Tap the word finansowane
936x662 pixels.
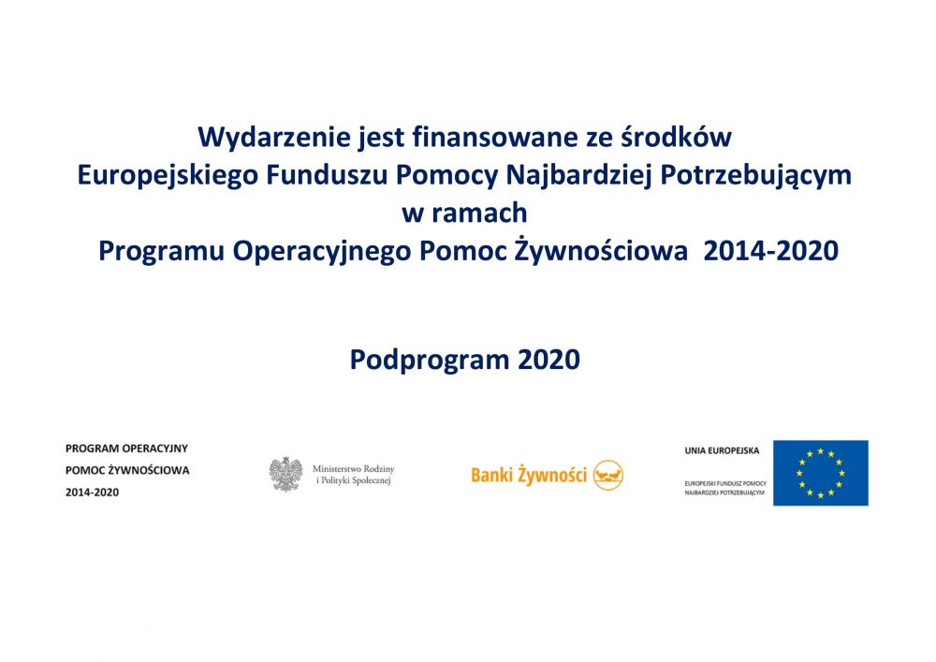click(x=495, y=137)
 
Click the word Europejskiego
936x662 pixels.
click(x=168, y=176)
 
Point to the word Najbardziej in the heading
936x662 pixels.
click(x=579, y=176)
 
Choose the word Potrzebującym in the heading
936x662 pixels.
click(x=756, y=176)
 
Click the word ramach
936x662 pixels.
click(x=479, y=213)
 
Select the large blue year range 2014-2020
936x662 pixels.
click(x=770, y=251)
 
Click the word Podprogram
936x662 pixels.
click(x=430, y=360)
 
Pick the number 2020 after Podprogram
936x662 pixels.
click(x=548, y=360)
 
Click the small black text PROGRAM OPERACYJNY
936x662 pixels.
click(x=126, y=449)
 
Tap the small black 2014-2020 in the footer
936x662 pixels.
click(x=92, y=493)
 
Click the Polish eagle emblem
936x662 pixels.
click(x=285, y=475)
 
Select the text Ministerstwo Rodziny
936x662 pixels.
click(x=354, y=469)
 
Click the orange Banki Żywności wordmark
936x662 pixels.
click(x=529, y=475)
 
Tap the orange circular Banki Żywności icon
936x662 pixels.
click(x=608, y=475)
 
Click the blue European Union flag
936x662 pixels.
click(x=821, y=473)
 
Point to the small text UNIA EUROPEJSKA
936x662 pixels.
click(x=722, y=450)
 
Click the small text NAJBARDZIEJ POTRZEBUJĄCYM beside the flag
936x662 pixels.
click(x=724, y=493)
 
